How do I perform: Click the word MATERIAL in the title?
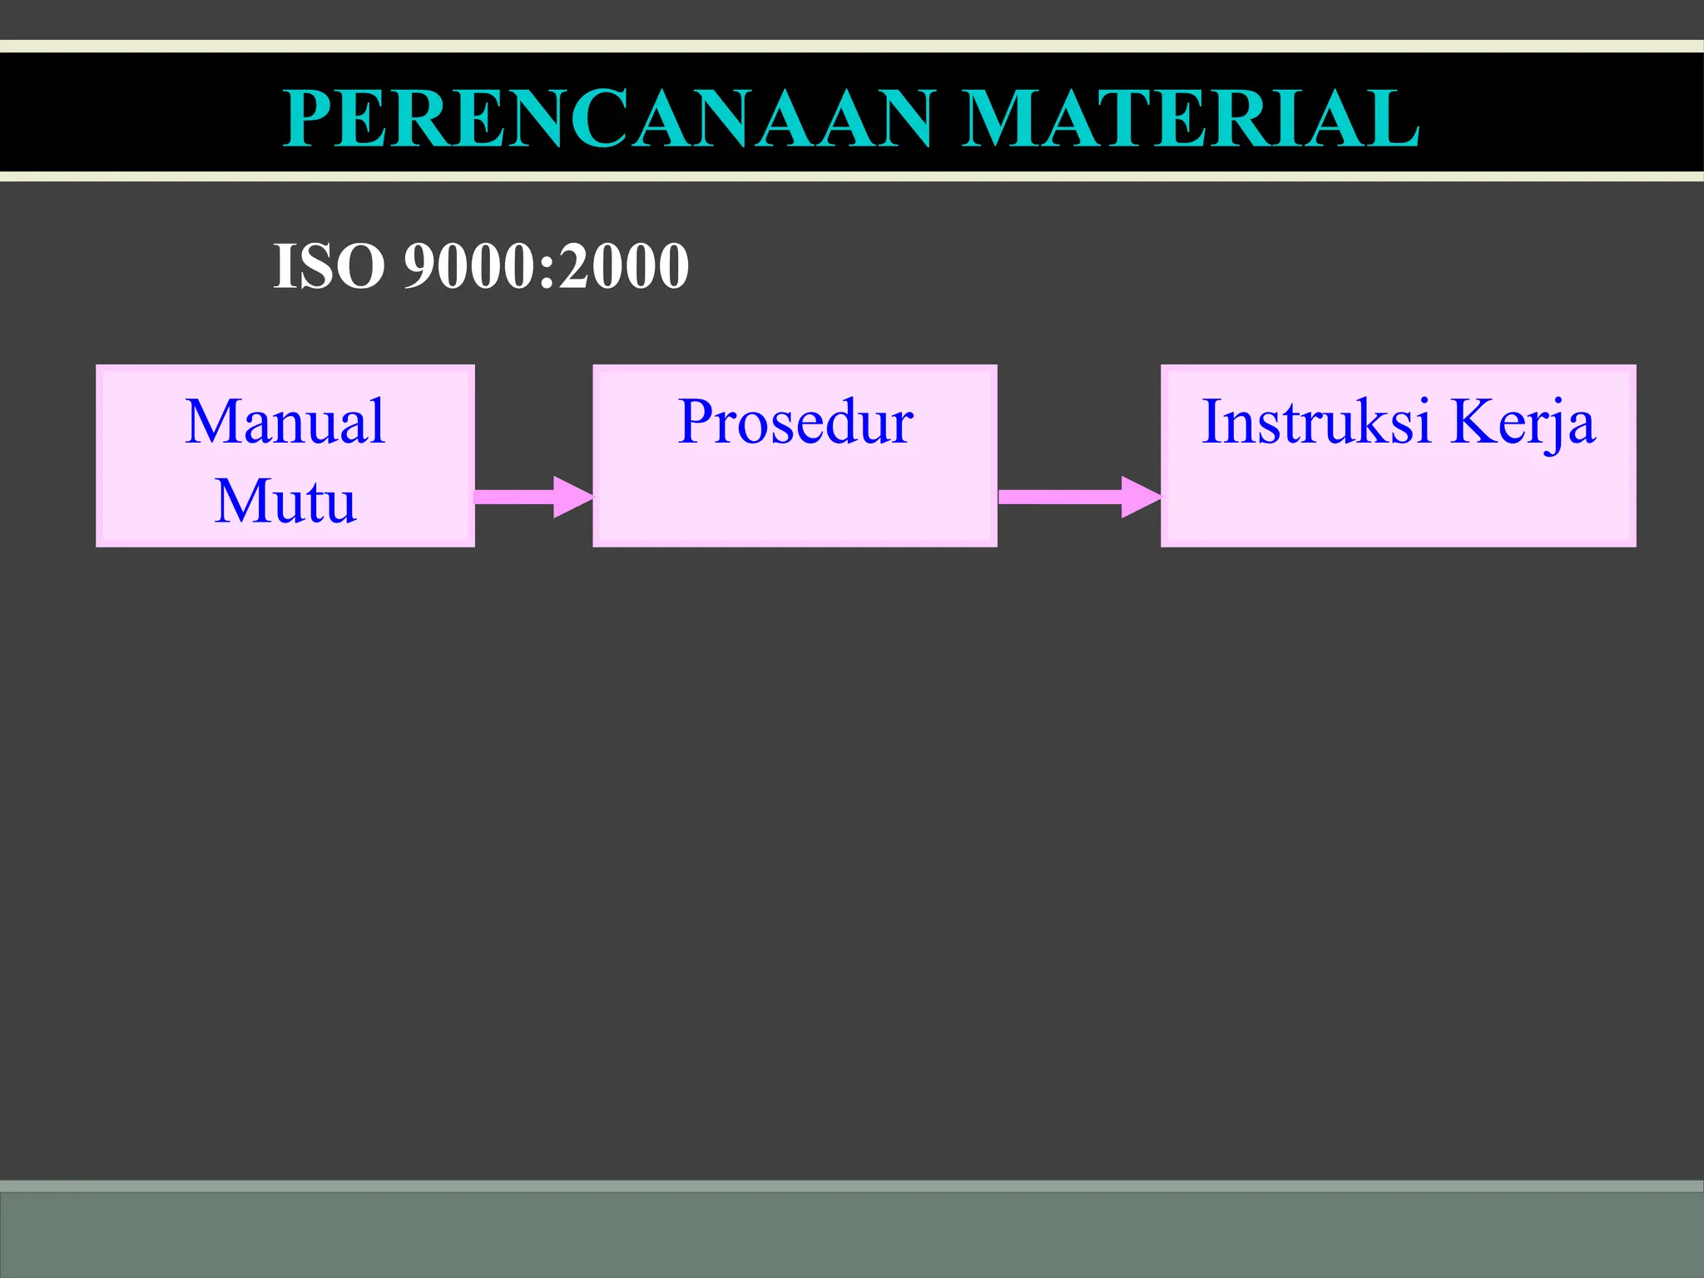tap(1191, 119)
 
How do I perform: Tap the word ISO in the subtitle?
tap(329, 266)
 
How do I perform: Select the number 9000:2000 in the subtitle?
tap(546, 266)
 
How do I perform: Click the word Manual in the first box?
tap(285, 422)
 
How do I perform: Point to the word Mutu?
tap(285, 501)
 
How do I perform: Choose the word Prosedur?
tap(795, 422)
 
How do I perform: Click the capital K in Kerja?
tap(1472, 422)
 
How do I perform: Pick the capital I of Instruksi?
tap(1213, 422)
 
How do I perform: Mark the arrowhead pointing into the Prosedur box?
tap(572, 497)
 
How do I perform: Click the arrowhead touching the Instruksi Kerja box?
tap(1140, 497)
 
